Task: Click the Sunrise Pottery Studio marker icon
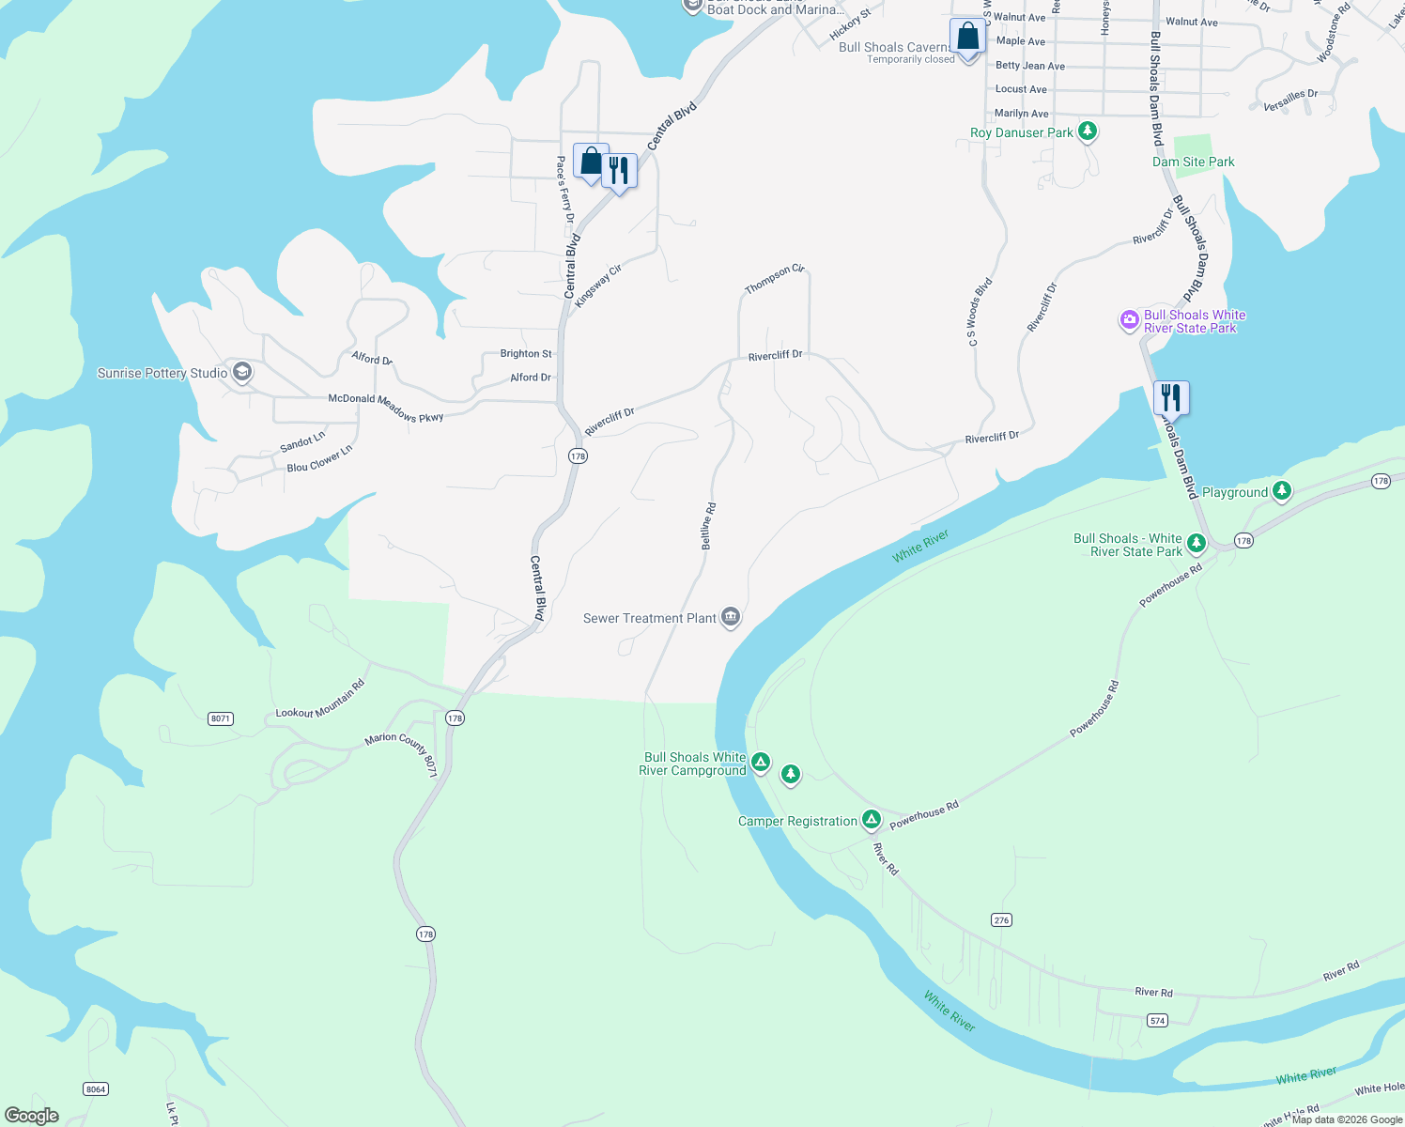click(242, 373)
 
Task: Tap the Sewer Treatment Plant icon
click(731, 617)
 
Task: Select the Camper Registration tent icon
click(872, 820)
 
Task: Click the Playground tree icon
click(1282, 491)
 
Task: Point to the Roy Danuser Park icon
click(1088, 131)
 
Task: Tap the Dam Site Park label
click(1193, 162)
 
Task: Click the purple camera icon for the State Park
click(1129, 320)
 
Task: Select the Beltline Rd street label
click(708, 526)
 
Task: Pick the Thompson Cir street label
click(775, 279)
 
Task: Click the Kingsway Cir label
click(598, 286)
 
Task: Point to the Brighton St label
click(526, 354)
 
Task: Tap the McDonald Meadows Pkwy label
click(385, 407)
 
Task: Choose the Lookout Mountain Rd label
click(319, 700)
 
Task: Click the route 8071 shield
click(221, 718)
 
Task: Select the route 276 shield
click(1001, 919)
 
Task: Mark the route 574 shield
click(1157, 1020)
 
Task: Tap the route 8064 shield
click(95, 1088)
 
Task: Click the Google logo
click(31, 1115)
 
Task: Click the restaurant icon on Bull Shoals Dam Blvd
click(1171, 397)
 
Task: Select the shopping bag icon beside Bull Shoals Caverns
click(967, 38)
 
